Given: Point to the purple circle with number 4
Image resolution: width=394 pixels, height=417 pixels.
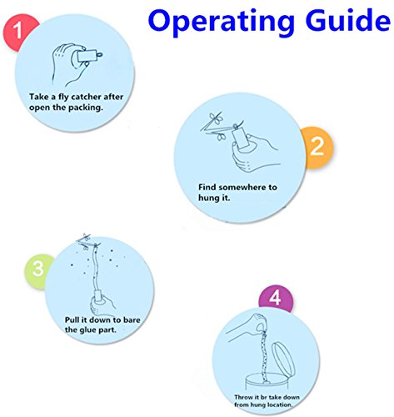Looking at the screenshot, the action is pos(276,298).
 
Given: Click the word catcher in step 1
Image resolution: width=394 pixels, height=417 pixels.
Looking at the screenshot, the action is pos(86,97).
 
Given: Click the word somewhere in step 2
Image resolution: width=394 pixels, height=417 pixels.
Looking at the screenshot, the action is pos(242,188).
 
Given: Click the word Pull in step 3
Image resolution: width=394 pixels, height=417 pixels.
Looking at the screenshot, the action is pos(72,319).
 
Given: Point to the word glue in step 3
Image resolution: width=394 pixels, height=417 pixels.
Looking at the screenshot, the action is pos(87,330).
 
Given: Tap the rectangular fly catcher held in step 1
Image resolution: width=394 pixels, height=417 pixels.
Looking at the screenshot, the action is pos(87,56).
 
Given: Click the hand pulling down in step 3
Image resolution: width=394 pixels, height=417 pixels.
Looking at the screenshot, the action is pos(102,304).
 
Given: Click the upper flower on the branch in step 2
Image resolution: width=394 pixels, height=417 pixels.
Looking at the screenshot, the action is pos(216,118).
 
